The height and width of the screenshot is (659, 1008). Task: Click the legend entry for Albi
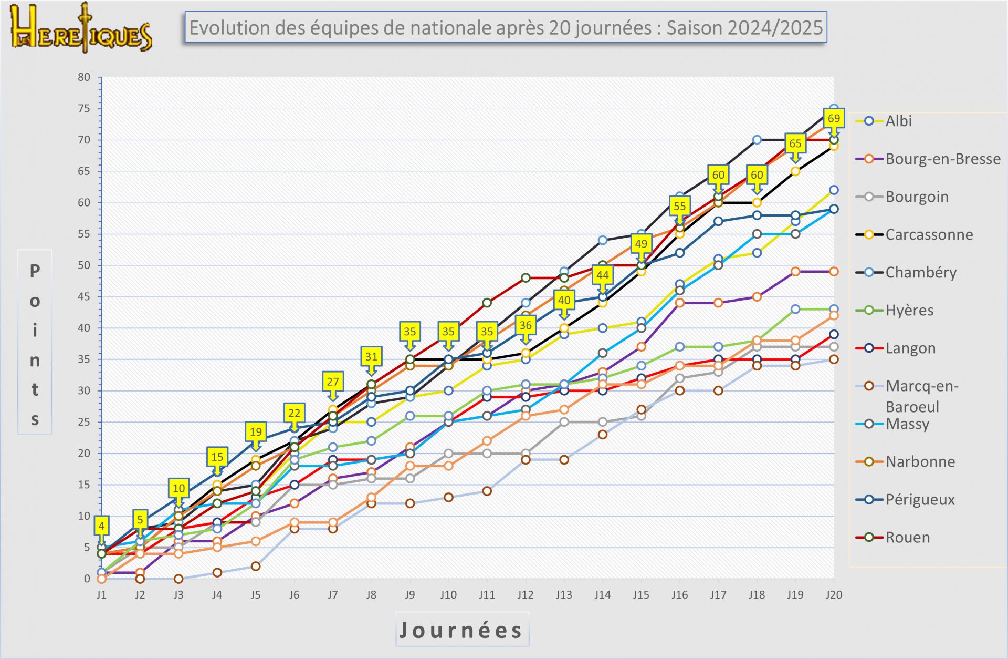point(898,121)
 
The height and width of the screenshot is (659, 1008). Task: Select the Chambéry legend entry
point(920,272)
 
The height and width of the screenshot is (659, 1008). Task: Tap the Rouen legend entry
point(907,537)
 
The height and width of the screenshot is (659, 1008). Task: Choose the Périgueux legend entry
point(920,499)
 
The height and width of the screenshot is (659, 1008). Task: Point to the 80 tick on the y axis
point(84,77)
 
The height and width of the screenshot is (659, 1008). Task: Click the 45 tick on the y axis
point(84,297)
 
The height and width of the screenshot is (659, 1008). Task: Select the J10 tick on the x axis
point(448,595)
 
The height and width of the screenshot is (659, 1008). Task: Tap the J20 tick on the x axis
point(834,595)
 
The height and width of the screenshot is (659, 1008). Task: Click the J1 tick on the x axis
point(101,595)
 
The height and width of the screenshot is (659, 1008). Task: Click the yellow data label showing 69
point(834,118)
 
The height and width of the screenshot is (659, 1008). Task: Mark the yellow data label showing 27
point(333,382)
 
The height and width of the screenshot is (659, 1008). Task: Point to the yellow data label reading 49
point(641,244)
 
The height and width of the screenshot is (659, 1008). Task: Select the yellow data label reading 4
point(101,526)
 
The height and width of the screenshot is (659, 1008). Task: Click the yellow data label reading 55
point(679,206)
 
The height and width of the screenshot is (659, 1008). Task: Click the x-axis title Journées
point(461,630)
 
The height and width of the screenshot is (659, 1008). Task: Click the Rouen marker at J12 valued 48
point(526,278)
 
